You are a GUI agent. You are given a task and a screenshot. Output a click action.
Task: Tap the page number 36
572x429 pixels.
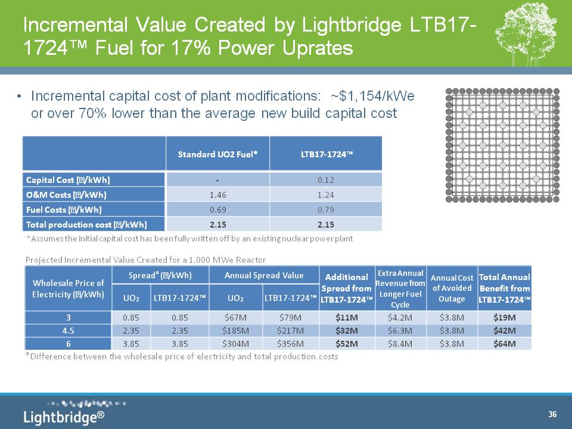click(x=552, y=414)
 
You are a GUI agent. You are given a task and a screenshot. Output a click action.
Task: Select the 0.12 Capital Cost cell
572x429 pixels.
click(x=325, y=179)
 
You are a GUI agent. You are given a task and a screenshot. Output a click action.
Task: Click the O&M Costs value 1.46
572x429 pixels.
click(x=217, y=194)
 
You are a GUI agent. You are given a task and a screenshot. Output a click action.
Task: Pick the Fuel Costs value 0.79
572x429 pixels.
click(x=325, y=209)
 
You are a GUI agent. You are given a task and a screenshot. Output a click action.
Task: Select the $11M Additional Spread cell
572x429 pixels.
click(x=346, y=317)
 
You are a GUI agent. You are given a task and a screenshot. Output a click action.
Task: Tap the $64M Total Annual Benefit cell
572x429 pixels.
click(x=504, y=344)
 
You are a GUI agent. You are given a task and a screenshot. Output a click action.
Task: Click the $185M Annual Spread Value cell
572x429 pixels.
click(x=235, y=330)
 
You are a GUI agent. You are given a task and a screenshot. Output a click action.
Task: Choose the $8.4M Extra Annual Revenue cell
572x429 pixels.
click(x=400, y=344)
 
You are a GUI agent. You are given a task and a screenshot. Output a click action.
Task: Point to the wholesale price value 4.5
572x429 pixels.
click(x=68, y=330)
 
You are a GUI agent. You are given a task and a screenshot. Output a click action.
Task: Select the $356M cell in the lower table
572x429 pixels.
click(x=290, y=344)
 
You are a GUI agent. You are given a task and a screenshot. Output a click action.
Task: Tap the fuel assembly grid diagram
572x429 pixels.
click(x=502, y=145)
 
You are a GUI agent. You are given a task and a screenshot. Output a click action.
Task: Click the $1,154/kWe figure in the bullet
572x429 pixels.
click(x=372, y=96)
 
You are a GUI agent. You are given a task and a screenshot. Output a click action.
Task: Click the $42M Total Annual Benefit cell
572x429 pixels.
click(x=504, y=330)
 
